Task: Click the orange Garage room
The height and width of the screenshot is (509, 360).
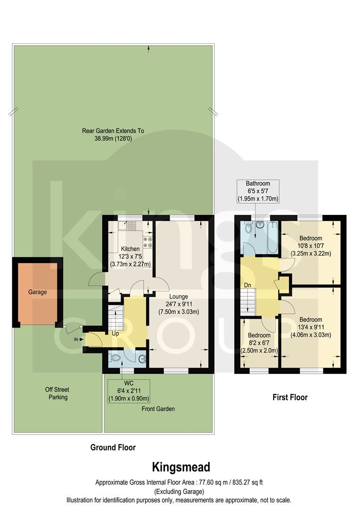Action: point(38,293)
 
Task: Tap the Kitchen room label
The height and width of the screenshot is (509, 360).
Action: point(130,248)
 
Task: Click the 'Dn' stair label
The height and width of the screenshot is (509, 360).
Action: point(247,285)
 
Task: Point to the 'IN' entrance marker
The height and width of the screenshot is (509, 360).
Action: point(76,338)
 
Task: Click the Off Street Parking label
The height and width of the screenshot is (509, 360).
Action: point(57,394)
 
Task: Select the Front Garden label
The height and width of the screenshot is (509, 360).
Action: point(158,409)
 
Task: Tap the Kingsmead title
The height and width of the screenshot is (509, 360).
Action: point(180,467)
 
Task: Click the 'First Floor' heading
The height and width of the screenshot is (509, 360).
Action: point(290,397)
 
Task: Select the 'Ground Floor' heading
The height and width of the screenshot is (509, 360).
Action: point(113,447)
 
